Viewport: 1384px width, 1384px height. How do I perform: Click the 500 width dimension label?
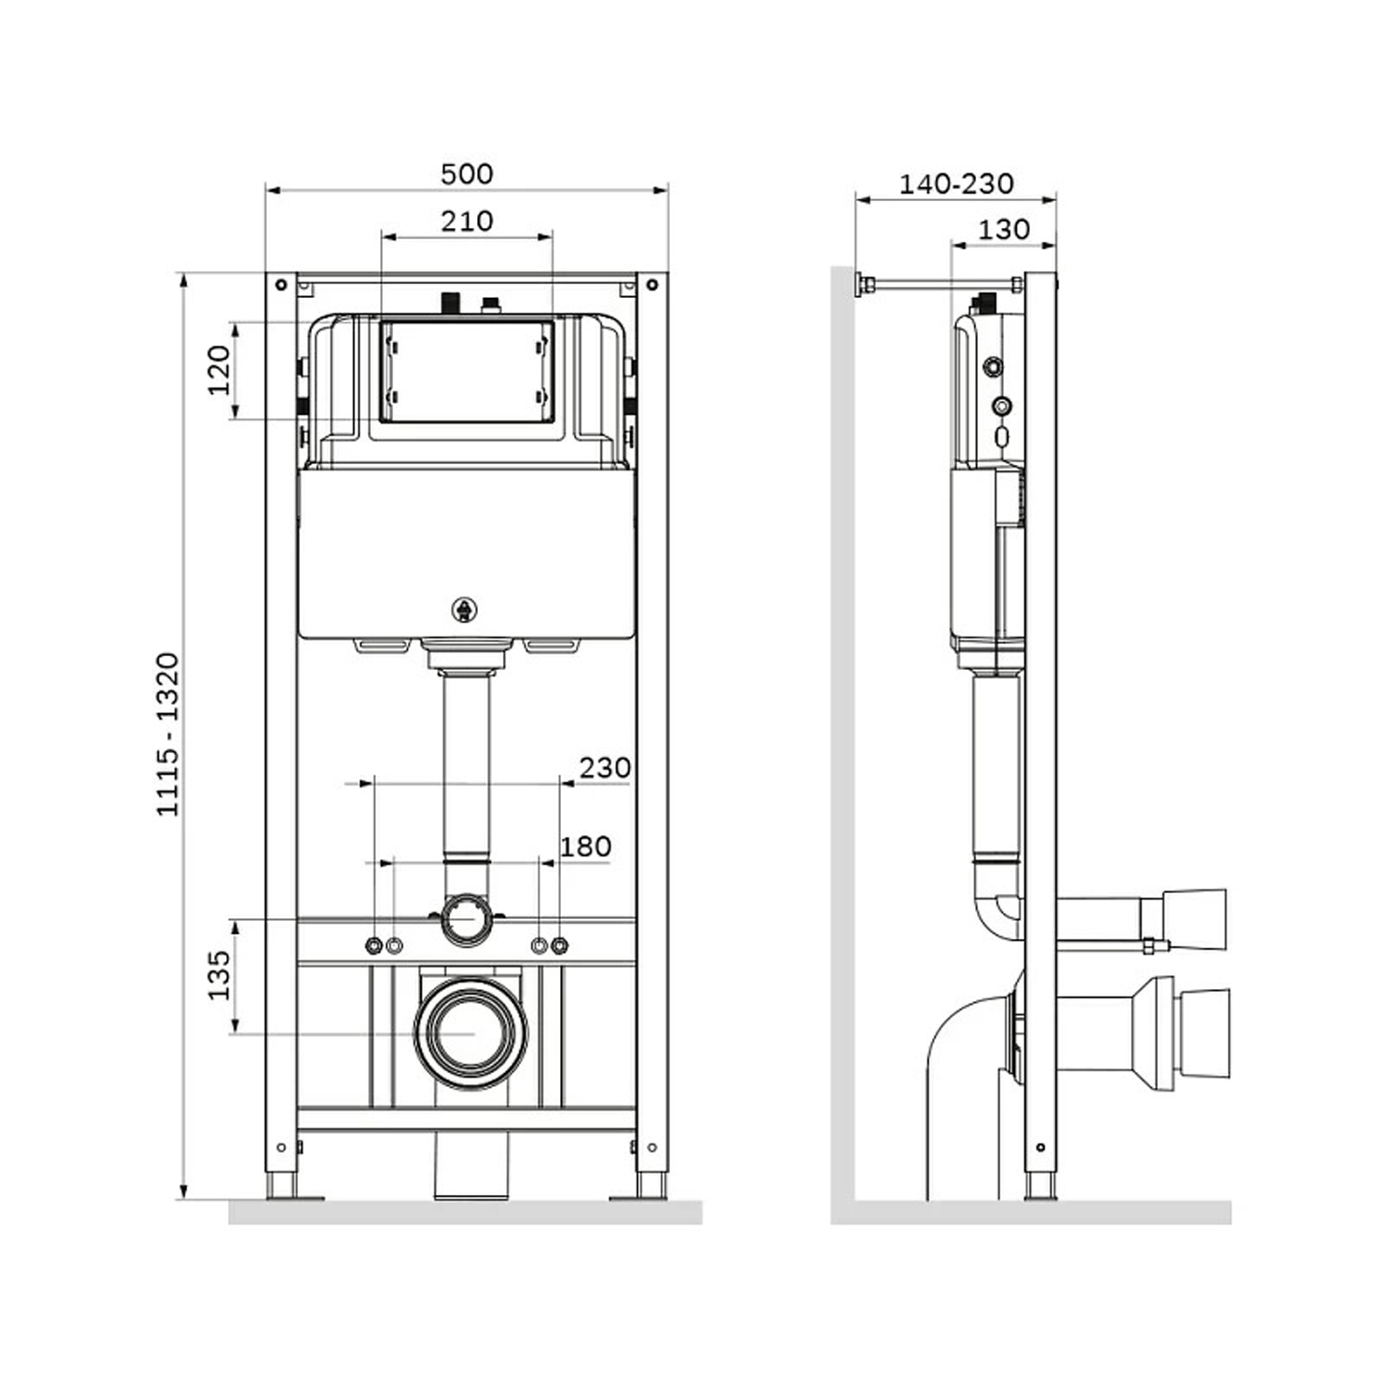pos(467,173)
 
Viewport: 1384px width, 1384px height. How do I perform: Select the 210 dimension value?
pos(467,221)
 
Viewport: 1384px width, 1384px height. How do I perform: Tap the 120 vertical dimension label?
pos(219,370)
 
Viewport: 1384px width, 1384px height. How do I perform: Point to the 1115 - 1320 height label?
pos(167,734)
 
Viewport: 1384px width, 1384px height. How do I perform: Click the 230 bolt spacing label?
pos(604,767)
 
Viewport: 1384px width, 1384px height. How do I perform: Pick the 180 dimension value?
pos(586,846)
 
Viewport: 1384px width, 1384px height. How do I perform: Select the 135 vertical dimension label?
pos(219,975)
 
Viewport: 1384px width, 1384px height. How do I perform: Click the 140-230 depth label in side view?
pos(956,184)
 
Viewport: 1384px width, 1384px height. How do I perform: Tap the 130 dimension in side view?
pos(1003,229)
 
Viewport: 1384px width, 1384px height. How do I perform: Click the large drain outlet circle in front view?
pos(471,1033)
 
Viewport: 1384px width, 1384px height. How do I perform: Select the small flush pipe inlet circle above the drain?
pos(467,919)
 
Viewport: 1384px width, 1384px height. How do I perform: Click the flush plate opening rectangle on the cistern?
pos(467,372)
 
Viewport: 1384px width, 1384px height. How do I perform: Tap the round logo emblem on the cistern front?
pos(465,610)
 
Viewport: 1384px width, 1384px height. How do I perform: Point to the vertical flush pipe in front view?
pos(467,766)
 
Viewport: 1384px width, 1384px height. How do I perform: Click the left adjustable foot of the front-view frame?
pos(282,1186)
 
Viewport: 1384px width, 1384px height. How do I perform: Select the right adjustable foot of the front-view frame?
pos(651,1186)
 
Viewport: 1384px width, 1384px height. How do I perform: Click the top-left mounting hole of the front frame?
pos(282,285)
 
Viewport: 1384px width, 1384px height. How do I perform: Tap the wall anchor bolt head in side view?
pos(864,285)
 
